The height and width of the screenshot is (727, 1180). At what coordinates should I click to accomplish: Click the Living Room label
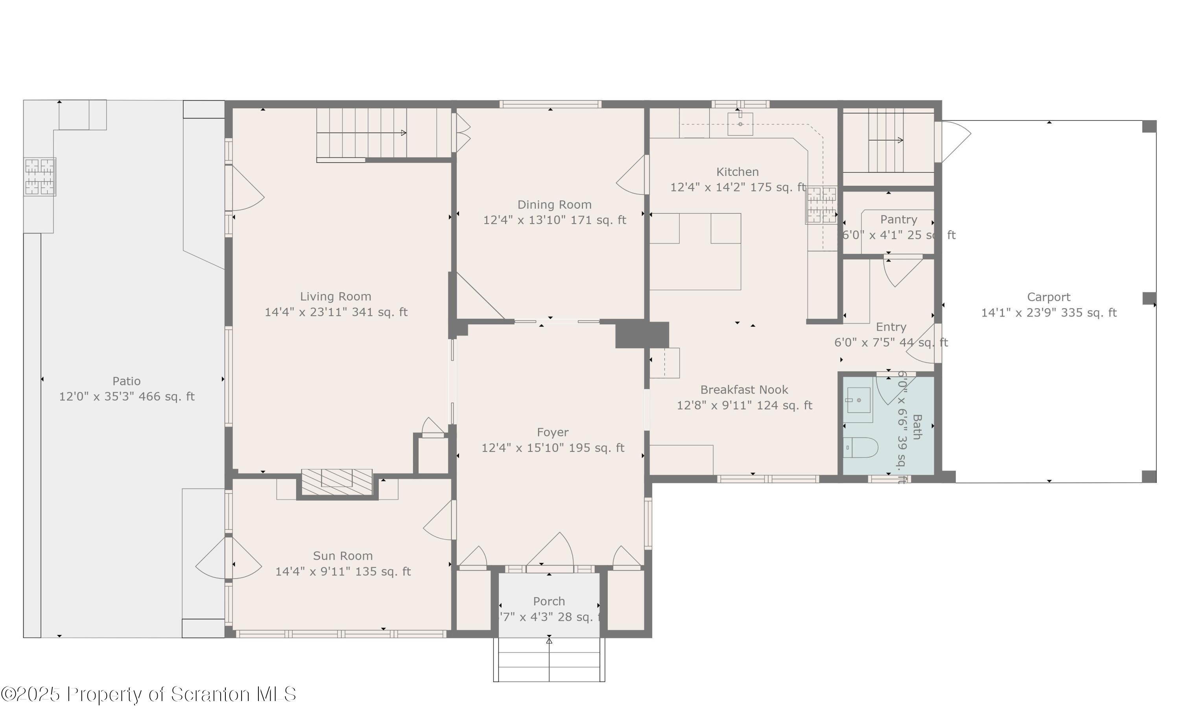point(336,297)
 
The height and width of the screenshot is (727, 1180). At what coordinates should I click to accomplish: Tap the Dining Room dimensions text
point(555,220)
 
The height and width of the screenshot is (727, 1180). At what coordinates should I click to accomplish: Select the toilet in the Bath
point(861,448)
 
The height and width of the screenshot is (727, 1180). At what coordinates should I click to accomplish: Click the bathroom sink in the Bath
point(859,400)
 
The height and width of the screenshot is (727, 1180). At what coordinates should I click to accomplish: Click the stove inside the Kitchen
point(822,205)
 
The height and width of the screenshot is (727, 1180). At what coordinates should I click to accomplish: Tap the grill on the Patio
point(39,176)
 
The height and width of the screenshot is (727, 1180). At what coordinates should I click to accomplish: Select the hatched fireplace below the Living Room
point(337,482)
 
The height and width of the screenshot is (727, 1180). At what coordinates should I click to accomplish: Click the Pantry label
point(898,220)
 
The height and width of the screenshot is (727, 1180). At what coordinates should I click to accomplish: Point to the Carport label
point(1048,297)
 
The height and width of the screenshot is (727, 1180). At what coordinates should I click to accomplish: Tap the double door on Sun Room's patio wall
point(229,558)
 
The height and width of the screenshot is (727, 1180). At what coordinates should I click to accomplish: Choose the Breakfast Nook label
point(744,390)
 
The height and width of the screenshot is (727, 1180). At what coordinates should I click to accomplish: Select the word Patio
point(126,381)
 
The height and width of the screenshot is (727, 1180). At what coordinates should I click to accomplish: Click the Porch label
point(549,601)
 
